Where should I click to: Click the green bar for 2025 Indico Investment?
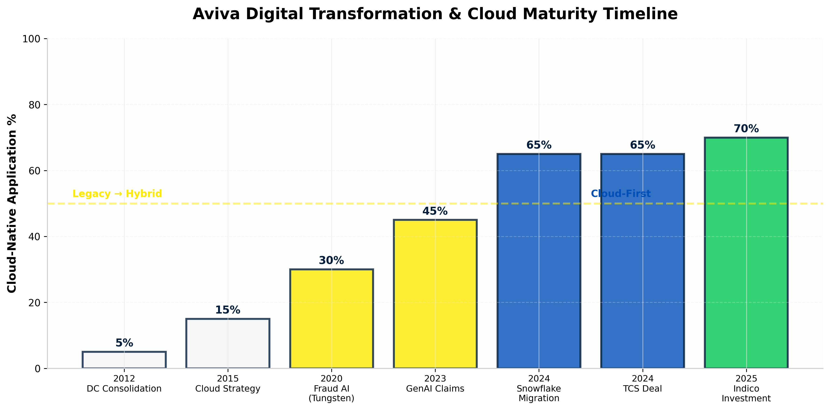tap(746, 253)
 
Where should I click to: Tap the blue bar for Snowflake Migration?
tap(539, 261)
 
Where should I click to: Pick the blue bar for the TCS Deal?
tap(643, 261)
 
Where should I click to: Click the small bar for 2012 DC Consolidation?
tap(124, 360)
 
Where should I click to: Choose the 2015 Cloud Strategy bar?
tap(228, 344)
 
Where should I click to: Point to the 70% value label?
tap(746, 129)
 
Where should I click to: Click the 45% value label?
tap(435, 211)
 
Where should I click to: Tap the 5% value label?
tap(124, 343)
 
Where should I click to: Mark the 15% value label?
tap(228, 310)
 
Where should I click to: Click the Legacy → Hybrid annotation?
tap(117, 194)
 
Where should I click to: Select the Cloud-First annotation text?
tap(621, 194)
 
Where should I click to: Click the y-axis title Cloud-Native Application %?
tap(12, 203)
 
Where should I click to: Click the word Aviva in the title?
tap(216, 14)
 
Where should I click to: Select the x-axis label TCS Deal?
tap(643, 389)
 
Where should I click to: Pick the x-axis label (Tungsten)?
tap(332, 398)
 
